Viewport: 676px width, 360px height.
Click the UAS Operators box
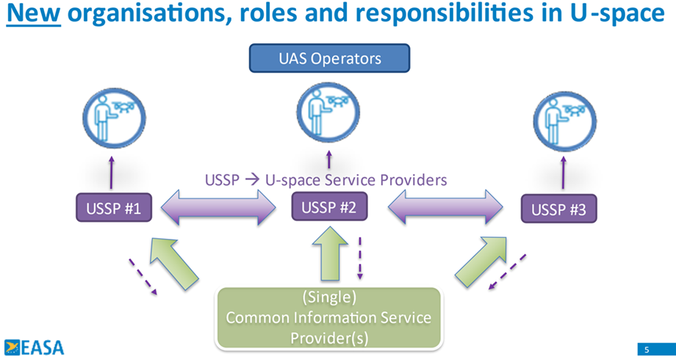[x=330, y=59]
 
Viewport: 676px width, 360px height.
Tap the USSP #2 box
[x=329, y=207]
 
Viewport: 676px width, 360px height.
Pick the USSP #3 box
[x=558, y=210]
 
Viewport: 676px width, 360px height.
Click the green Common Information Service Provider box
[x=328, y=318]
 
